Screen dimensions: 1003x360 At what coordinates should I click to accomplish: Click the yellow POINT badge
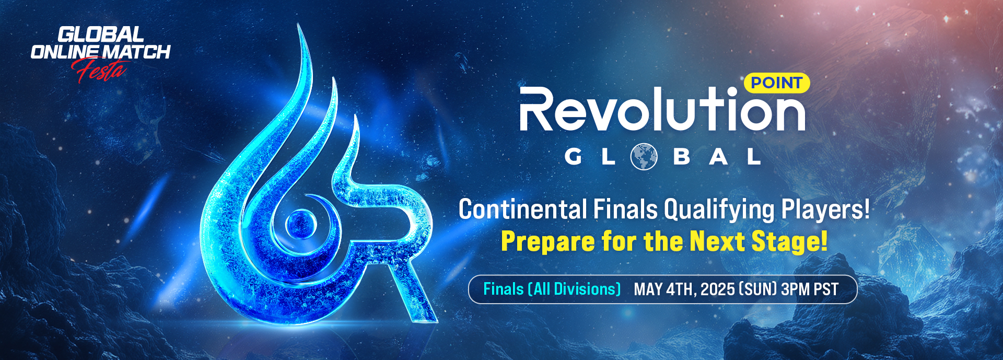click(776, 83)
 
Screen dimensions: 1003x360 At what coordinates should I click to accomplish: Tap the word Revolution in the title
click(662, 109)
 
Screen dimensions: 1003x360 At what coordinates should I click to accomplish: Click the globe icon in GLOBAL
click(644, 156)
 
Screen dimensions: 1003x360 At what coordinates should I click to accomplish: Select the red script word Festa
click(100, 71)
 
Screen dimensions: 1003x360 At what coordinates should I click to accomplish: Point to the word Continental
click(523, 210)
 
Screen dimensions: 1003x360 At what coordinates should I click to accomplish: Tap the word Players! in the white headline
click(826, 210)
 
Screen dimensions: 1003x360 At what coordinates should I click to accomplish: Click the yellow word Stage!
click(789, 242)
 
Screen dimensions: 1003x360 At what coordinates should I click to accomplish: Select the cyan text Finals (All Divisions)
click(552, 289)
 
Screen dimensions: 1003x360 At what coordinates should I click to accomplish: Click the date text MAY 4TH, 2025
click(684, 289)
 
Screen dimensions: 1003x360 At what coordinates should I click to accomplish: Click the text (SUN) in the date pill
click(758, 289)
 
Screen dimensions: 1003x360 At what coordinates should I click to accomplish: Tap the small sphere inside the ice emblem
click(301, 224)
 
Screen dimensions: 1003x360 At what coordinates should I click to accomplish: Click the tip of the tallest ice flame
click(298, 24)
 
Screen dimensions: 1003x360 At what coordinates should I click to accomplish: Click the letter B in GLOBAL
click(682, 156)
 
